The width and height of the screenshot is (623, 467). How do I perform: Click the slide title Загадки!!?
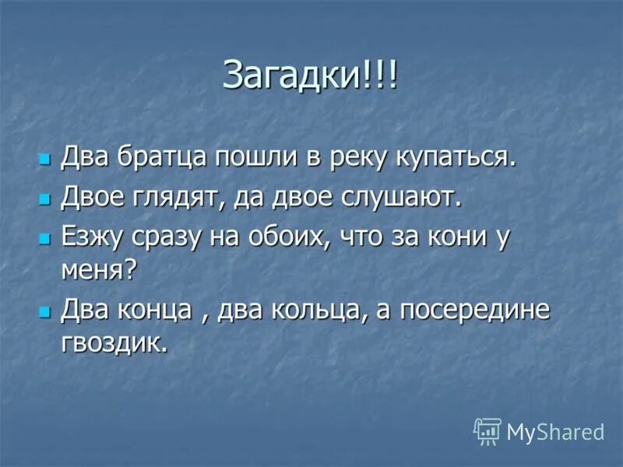pos(310,75)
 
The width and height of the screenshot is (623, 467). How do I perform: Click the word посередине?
pos(475,310)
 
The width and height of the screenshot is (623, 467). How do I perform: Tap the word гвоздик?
pos(114,342)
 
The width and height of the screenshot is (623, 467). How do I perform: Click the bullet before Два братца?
pos(44,158)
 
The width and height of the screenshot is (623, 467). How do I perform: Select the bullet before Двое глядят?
pos(44,198)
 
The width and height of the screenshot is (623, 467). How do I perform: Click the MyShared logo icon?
pos(487,430)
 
